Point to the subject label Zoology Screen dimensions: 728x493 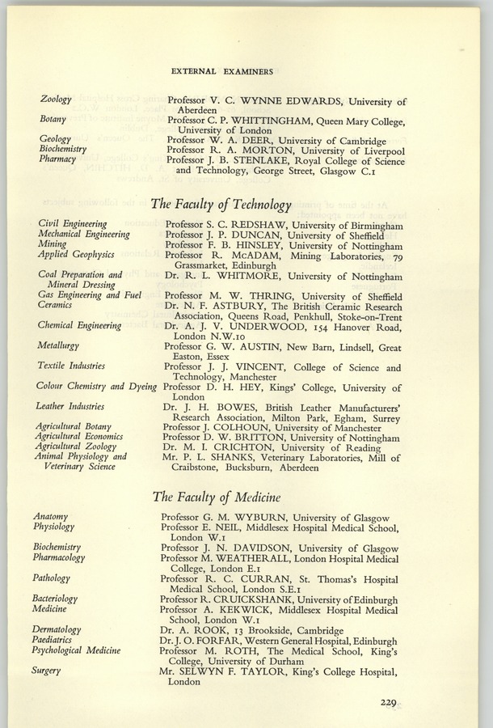click(56, 100)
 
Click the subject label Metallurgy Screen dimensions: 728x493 click(59, 345)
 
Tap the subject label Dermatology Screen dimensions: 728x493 click(57, 629)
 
